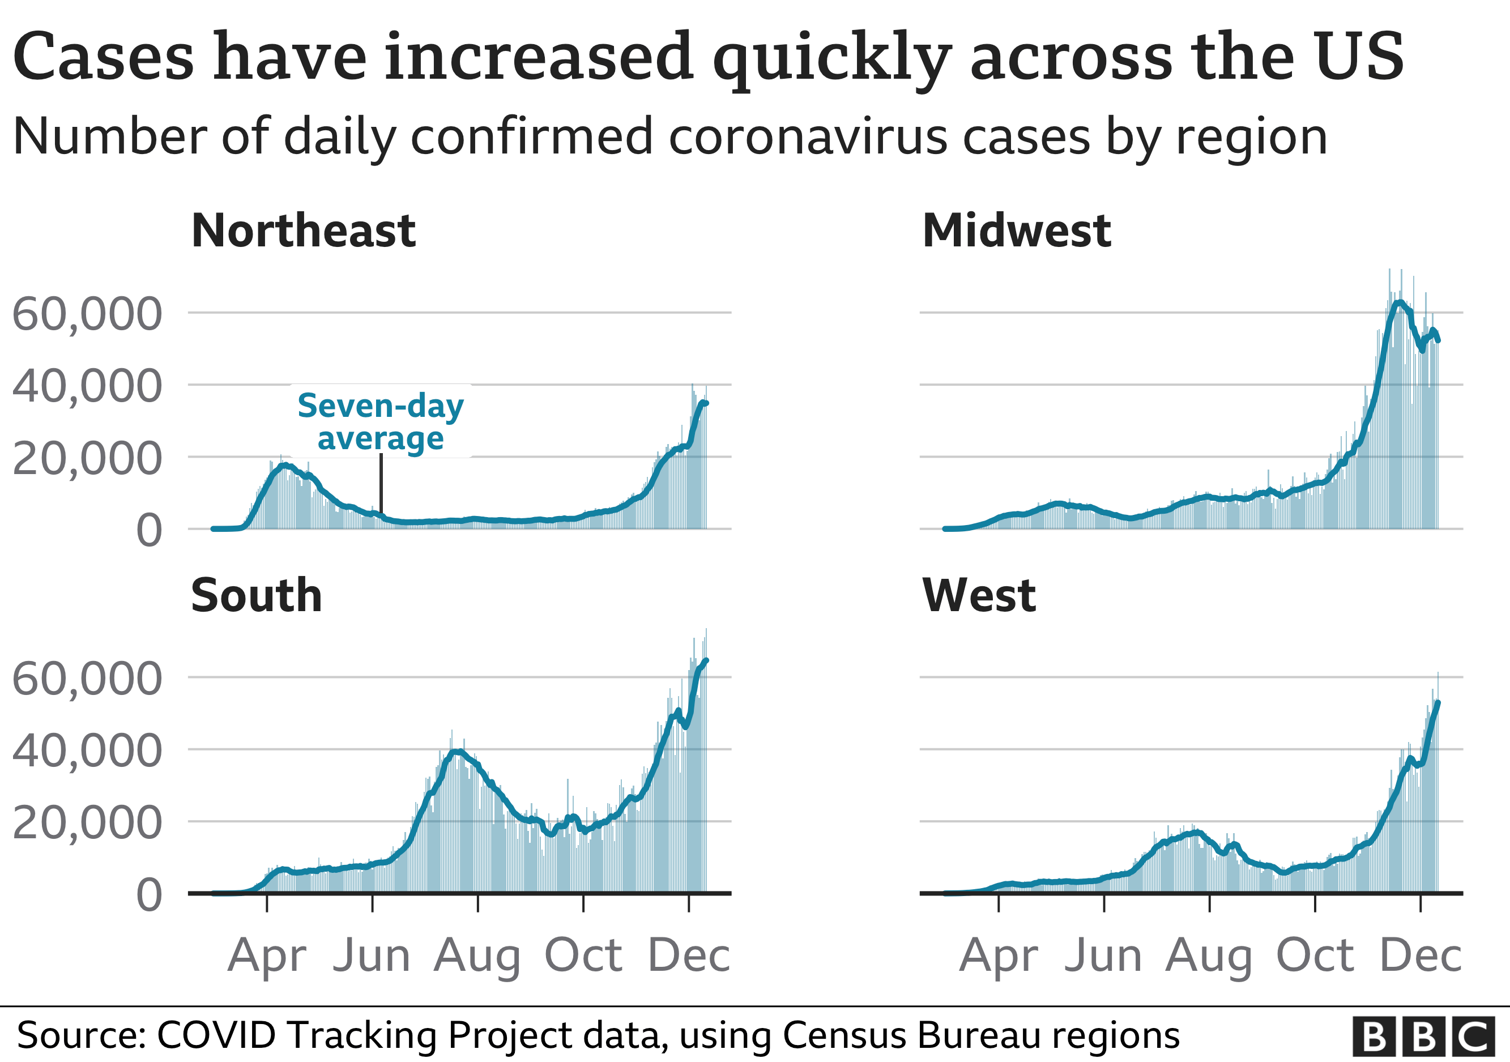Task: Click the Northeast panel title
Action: [303, 232]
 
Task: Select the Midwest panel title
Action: [1016, 232]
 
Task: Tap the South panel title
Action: [257, 596]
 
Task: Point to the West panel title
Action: [979, 596]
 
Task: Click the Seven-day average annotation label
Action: [380, 421]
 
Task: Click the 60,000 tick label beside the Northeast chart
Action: [87, 314]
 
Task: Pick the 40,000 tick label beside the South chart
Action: [87, 750]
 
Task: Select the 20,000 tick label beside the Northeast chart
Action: [87, 458]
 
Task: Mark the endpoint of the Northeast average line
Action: [706, 403]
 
